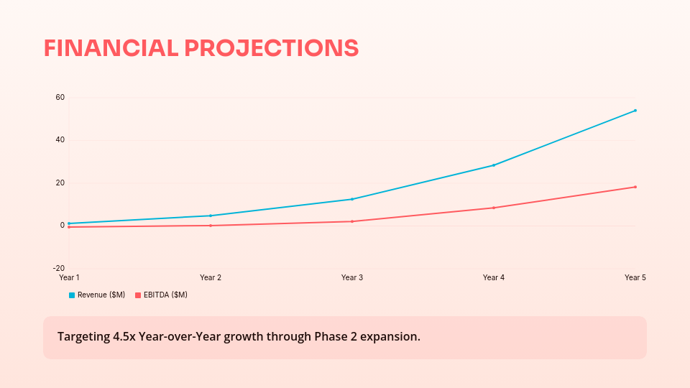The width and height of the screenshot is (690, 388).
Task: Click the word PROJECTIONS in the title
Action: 272,48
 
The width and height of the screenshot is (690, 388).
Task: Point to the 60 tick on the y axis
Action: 60,97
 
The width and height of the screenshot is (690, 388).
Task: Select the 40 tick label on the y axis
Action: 60,140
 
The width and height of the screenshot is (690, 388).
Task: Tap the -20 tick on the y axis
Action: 58,268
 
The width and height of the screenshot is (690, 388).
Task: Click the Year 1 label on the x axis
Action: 69,277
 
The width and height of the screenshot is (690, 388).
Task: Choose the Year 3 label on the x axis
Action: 352,277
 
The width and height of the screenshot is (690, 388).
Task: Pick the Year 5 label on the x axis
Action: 635,277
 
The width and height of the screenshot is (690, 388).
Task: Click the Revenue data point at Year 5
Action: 635,111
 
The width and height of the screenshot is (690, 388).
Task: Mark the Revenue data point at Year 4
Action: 494,165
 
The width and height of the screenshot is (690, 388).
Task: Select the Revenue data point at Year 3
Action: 352,199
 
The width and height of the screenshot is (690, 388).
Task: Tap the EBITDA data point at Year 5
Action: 635,187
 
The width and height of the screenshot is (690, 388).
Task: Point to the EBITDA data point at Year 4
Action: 494,208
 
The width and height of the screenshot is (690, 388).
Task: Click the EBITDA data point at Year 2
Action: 211,226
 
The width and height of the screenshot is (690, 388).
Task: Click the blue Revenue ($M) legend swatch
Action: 72,295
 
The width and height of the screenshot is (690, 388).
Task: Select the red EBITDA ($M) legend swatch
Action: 138,295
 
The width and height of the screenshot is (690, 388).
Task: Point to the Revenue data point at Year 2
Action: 211,216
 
